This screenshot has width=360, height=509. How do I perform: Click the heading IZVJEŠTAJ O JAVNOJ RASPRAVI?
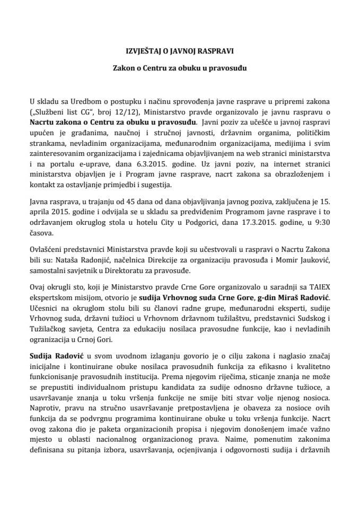click(180, 51)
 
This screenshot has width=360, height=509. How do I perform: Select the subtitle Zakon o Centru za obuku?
click(180, 68)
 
